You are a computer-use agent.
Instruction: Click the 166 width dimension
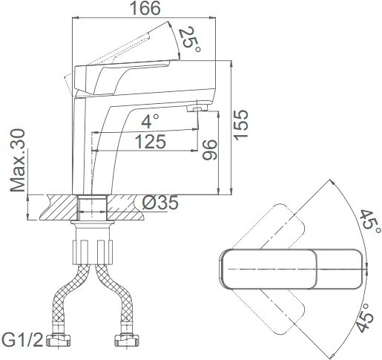coord(145,8)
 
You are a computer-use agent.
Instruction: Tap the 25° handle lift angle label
coord(190,39)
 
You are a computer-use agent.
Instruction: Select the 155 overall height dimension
coord(241,125)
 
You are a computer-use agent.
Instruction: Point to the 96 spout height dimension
coord(209,150)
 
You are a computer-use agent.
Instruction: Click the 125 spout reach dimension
coord(151,142)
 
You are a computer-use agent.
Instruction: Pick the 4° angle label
coord(150,122)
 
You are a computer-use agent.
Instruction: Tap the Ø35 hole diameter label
coord(160,203)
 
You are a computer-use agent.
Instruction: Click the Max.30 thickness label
coord(18,160)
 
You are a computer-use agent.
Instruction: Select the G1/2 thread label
coord(22,340)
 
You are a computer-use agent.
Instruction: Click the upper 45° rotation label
coord(369,223)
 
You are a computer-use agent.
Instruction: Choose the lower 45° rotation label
coord(365,318)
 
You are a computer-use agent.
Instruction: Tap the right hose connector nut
coord(127,340)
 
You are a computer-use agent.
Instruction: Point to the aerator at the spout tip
coord(197,108)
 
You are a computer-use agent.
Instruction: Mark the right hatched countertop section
coord(125,207)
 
